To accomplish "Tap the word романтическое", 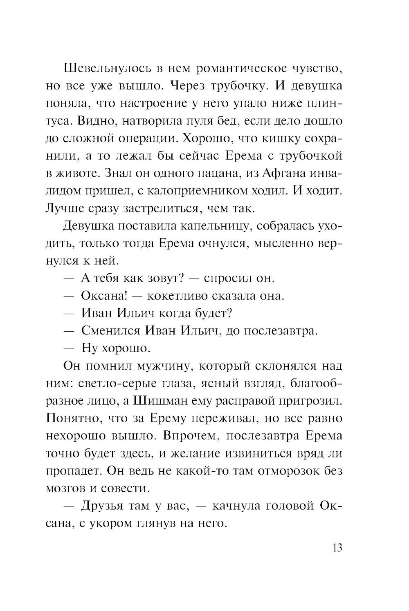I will [239, 68].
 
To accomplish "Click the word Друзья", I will [101, 506].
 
